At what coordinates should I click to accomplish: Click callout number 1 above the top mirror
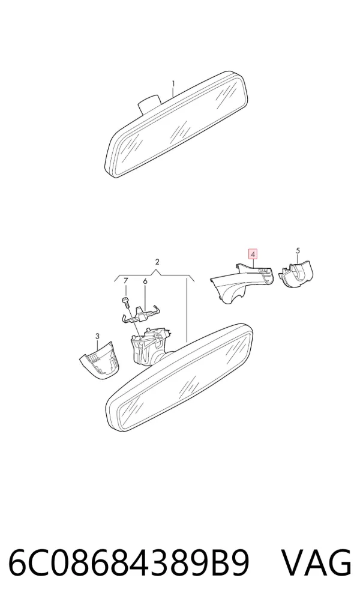[173, 84]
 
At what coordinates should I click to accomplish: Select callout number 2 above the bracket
[157, 262]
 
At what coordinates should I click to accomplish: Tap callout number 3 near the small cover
[97, 336]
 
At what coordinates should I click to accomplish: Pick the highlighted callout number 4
[253, 255]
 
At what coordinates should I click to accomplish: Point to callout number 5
[298, 250]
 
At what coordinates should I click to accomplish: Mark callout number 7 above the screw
[125, 280]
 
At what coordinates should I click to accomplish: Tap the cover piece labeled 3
[101, 361]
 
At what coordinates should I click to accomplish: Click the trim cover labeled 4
[242, 283]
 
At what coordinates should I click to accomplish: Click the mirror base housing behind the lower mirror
[150, 345]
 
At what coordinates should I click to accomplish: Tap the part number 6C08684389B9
[128, 564]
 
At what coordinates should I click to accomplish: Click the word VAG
[316, 564]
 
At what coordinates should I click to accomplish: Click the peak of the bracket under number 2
[157, 271]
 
